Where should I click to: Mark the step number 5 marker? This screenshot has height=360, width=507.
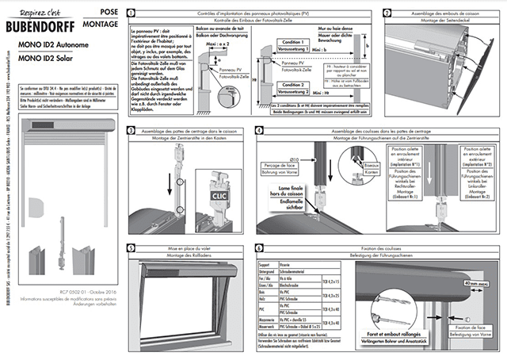pyautogui.click(x=131, y=247)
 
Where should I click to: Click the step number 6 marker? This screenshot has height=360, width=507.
pyautogui.click(x=260, y=247)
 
